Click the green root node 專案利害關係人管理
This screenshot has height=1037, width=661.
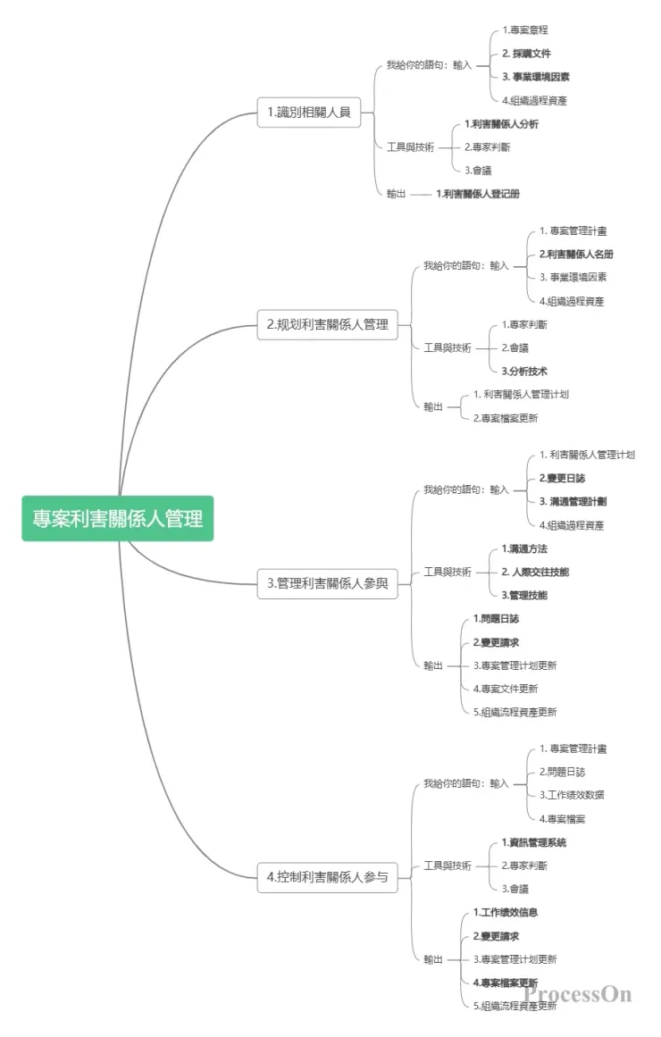click(118, 518)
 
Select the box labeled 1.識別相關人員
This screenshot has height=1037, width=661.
click(308, 113)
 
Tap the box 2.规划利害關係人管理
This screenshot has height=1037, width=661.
click(328, 325)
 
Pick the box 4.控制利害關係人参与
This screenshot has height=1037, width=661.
click(328, 877)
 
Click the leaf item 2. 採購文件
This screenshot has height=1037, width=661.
click(526, 54)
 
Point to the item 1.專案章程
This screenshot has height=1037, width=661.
click(524, 30)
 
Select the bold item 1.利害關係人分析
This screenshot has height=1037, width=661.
click(501, 124)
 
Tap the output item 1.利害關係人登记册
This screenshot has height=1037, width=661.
click(478, 194)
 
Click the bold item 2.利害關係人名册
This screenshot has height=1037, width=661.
click(576, 255)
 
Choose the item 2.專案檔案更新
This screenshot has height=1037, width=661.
click(506, 418)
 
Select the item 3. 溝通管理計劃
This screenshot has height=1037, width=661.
click(573, 502)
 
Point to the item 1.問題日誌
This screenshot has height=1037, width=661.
click(496, 619)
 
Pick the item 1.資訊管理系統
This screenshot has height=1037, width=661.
click(533, 842)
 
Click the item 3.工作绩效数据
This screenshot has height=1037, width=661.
click(572, 795)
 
